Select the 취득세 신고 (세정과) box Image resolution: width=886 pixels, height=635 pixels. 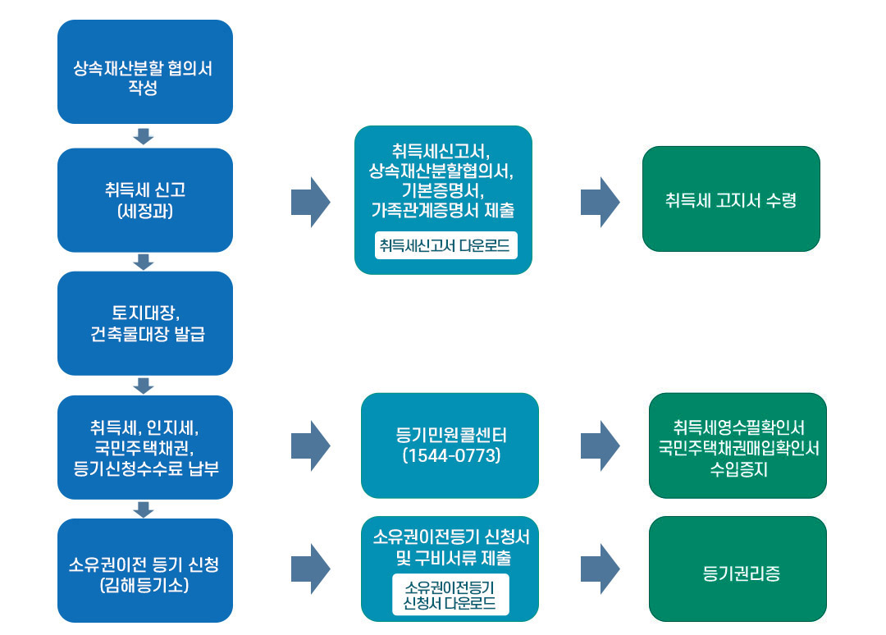pos(144,199)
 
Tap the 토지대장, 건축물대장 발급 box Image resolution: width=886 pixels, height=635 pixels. pos(144,323)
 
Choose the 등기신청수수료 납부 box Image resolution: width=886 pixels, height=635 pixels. pos(144,447)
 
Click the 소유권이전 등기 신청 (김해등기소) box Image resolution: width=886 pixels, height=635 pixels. pos(144,570)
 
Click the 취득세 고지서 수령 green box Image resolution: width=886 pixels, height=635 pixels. pos(730,199)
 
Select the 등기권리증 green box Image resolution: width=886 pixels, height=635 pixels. pos(738,569)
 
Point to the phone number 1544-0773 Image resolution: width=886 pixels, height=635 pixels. pos(450,456)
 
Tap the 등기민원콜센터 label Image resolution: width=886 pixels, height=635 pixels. pos(450,435)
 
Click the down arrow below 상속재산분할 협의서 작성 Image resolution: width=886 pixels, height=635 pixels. pos(144,136)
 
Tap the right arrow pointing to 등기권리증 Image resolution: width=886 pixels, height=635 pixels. pos(600,569)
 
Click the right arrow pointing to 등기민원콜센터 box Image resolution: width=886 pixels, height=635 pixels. pos(310,445)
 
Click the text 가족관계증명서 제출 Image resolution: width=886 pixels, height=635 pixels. pos(443,210)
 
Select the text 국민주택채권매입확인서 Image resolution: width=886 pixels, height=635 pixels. pos(738,449)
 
